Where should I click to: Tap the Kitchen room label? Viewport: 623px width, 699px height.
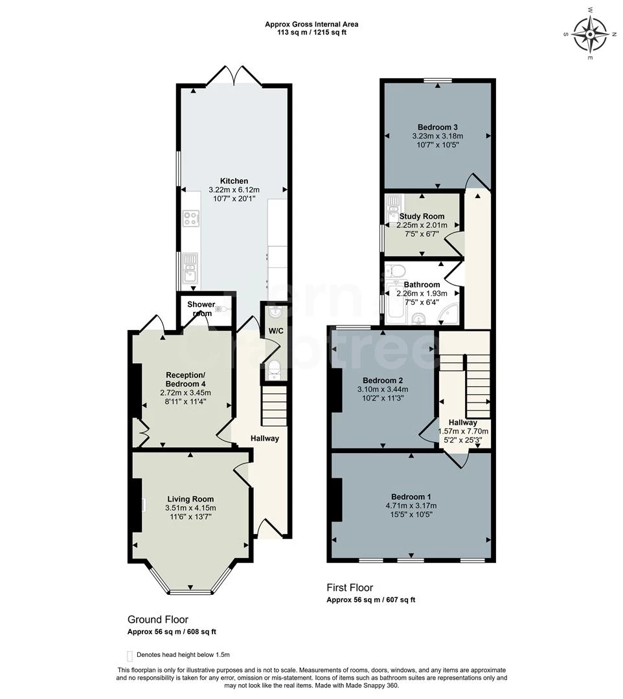[234, 181]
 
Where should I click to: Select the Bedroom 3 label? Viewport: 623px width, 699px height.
[437, 127]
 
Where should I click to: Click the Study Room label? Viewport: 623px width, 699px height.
[422, 216]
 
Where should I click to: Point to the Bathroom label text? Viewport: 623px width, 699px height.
[422, 284]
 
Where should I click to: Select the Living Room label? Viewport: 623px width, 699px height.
[190, 498]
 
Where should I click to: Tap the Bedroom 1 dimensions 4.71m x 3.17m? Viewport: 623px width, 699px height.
[411, 505]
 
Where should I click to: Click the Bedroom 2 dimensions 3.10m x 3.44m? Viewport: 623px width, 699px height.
[383, 390]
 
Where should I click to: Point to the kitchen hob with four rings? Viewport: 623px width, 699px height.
[190, 218]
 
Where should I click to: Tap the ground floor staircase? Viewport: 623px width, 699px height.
[274, 405]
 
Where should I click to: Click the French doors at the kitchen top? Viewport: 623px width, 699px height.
[234, 76]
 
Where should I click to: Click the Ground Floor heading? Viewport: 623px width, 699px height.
[158, 619]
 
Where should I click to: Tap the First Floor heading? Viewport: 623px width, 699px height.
[350, 588]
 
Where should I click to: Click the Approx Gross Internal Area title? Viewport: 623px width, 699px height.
[311, 25]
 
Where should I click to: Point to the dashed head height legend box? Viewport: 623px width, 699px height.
[130, 654]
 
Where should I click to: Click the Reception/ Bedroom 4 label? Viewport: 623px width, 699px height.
[185, 379]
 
